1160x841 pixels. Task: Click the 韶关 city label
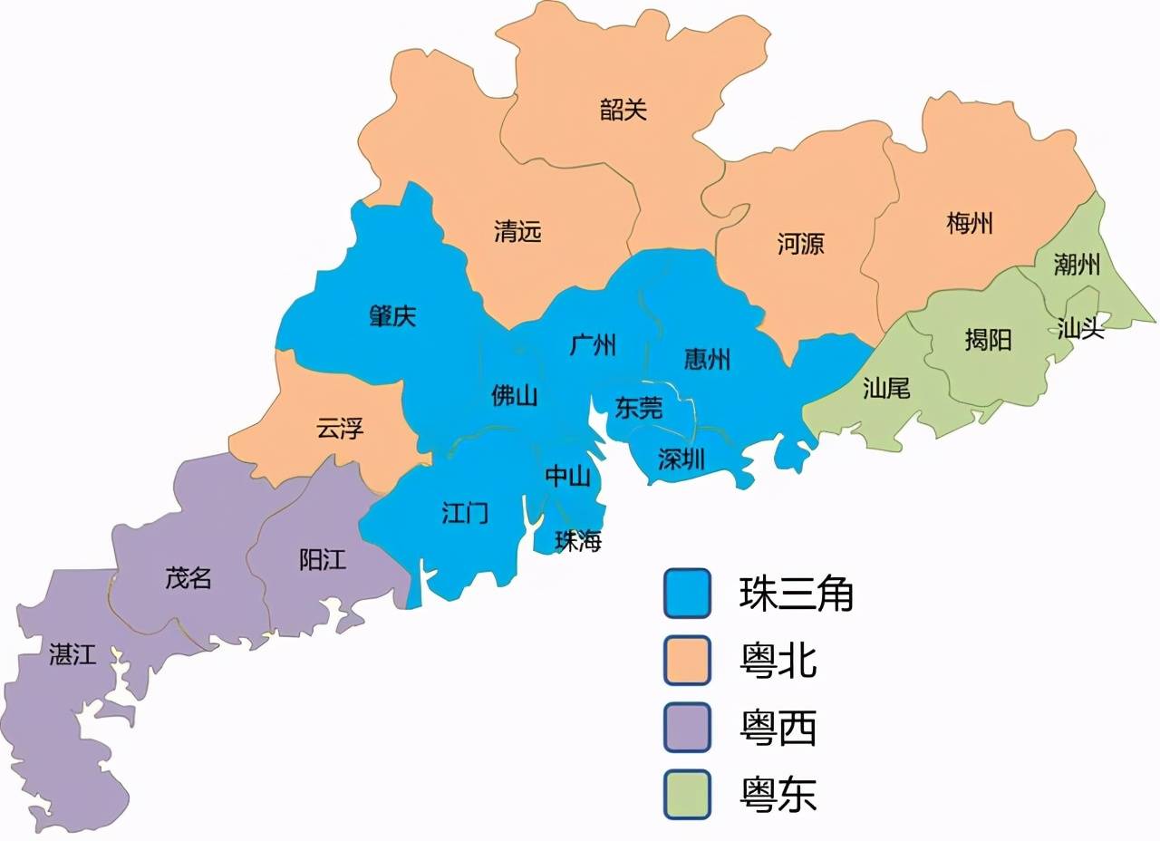pos(623,111)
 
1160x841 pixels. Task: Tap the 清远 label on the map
pos(517,231)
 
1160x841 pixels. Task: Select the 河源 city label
pos(801,243)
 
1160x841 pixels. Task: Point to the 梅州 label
pos(970,223)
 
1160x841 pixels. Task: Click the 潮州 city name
pos(1077,264)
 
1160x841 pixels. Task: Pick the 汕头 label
pos(1081,328)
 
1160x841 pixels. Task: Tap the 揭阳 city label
pos(987,340)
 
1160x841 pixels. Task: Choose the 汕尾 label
pos(885,389)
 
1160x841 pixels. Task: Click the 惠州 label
pos(707,360)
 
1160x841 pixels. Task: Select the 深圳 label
pos(681,459)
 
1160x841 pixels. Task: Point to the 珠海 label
pos(578,541)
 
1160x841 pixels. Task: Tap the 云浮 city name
pos(340,428)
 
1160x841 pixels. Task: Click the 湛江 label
pos(72,654)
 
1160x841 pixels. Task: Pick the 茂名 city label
pos(188,578)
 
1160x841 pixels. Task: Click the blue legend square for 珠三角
pos(687,594)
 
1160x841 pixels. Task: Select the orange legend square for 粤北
pos(687,661)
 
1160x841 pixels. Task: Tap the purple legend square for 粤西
pos(687,728)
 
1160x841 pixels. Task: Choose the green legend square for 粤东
pos(687,795)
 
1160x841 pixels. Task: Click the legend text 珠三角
pos(796,594)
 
